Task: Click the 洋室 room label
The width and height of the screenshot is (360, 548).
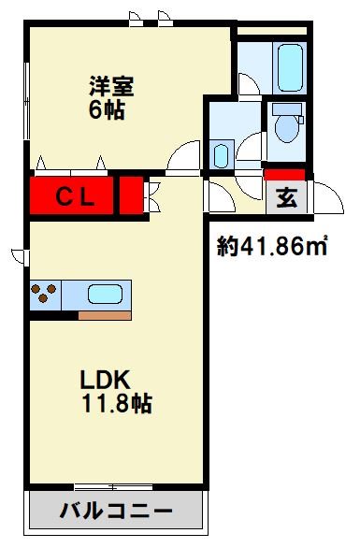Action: point(111,86)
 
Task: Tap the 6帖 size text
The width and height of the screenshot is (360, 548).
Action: point(107,110)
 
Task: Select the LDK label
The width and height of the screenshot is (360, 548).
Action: point(106,380)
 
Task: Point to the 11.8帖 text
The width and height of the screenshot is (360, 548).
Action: point(117,403)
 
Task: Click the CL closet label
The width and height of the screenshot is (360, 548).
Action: point(75,197)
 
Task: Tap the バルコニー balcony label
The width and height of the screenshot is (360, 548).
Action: point(116,511)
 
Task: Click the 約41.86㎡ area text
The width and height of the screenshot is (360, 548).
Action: point(272,246)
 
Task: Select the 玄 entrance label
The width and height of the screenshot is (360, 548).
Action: point(287,197)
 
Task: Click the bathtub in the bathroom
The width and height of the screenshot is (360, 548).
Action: point(290,68)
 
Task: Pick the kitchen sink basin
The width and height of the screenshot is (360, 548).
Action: point(106,294)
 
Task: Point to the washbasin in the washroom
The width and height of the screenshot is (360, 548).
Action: point(221,156)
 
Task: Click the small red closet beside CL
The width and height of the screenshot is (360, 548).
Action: point(132,195)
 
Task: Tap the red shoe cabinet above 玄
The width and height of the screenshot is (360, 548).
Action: point(284,175)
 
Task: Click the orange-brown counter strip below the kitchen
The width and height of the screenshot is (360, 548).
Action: point(105,316)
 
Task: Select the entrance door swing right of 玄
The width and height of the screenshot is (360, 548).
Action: point(328,197)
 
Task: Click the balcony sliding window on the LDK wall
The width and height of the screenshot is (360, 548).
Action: point(113,487)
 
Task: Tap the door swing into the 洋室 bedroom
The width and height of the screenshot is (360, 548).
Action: point(183,156)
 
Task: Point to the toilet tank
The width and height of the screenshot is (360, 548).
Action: point(287,108)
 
